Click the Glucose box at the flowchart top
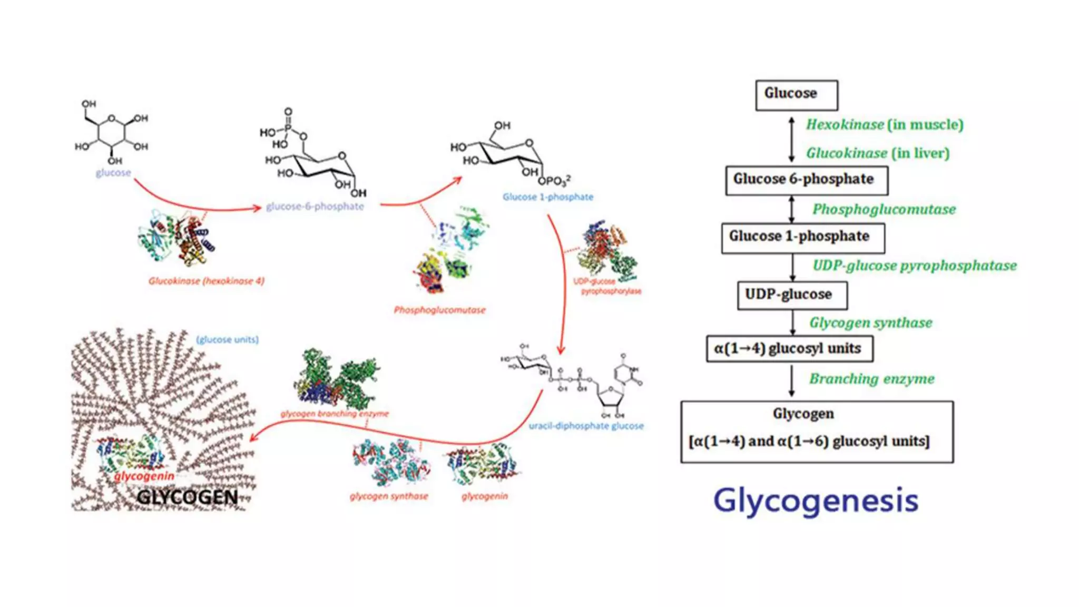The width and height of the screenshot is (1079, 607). click(x=796, y=95)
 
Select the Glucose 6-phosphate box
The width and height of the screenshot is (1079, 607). click(x=806, y=180)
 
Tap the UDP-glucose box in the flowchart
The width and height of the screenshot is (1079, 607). click(x=792, y=295)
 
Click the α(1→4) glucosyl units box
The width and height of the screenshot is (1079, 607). click(x=789, y=349)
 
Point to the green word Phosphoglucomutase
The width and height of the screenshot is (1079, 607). click(x=884, y=210)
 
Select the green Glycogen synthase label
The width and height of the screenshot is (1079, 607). click(x=870, y=323)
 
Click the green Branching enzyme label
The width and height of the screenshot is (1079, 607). click(x=871, y=379)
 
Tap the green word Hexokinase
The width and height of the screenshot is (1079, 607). click(x=845, y=125)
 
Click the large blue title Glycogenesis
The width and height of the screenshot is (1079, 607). click(x=816, y=501)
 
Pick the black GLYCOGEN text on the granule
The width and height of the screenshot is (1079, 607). click(x=187, y=497)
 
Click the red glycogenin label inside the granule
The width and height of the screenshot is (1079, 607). click(x=144, y=476)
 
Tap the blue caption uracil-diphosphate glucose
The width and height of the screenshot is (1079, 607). click(x=586, y=426)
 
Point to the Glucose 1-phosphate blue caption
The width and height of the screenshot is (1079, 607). click(x=547, y=197)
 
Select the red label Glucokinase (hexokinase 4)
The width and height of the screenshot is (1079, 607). click(x=206, y=281)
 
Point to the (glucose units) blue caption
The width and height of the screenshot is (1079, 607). click(x=227, y=340)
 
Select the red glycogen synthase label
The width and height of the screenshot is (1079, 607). click(x=389, y=496)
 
